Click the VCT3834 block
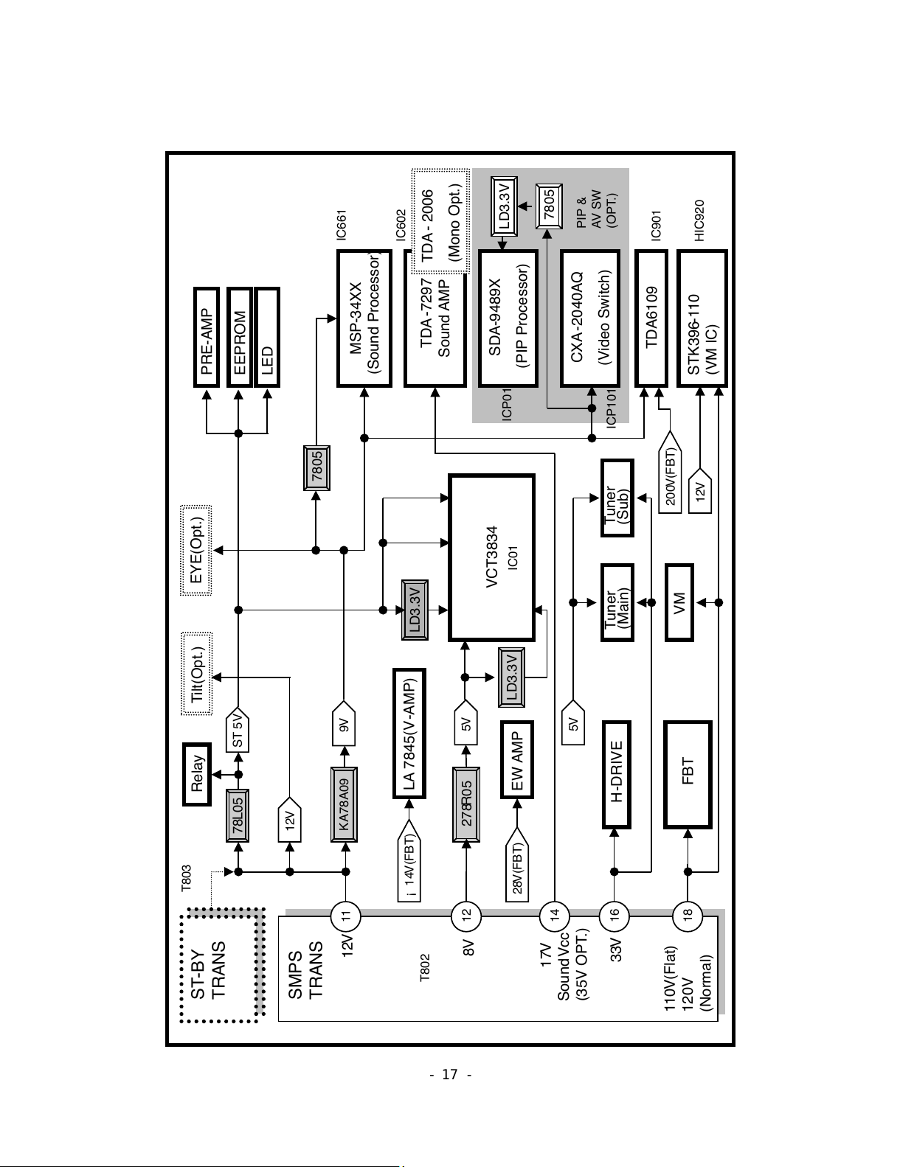(491, 557)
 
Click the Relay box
(197, 774)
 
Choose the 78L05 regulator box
(237, 815)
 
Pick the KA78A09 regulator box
(344, 804)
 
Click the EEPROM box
(239, 337)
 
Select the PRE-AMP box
(207, 337)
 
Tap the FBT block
(688, 774)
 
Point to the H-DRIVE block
(616, 774)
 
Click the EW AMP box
(517, 759)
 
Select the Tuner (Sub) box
(617, 498)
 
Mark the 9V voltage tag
(345, 723)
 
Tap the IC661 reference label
(342, 225)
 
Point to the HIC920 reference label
(699, 220)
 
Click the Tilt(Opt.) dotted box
(197, 674)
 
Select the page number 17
(450, 1075)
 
